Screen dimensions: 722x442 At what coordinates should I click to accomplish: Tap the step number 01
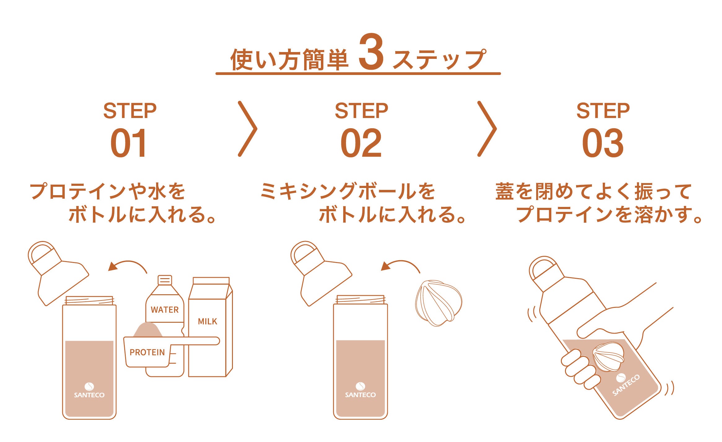pos(129,143)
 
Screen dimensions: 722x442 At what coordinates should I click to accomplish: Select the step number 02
pos(361,143)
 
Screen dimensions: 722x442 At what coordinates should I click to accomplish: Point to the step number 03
pos(602,143)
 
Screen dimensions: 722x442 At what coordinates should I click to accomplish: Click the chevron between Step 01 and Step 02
pos(248,129)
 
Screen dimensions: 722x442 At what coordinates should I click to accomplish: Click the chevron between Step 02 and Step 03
pos(487,129)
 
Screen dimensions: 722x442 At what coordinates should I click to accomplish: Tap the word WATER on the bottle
pos(164,309)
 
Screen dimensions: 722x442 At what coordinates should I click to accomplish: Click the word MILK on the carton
pos(207,322)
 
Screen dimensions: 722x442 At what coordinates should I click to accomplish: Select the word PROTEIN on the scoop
pos(147,352)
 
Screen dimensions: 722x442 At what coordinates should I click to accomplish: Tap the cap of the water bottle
pos(165,280)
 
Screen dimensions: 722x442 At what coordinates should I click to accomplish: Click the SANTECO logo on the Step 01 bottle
pos(89,391)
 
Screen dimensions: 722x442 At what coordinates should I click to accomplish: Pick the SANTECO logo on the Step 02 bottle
pos(360,391)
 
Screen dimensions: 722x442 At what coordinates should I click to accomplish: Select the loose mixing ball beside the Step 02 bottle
pos(438,303)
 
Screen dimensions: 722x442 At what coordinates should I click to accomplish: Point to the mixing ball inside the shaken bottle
pos(608,357)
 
